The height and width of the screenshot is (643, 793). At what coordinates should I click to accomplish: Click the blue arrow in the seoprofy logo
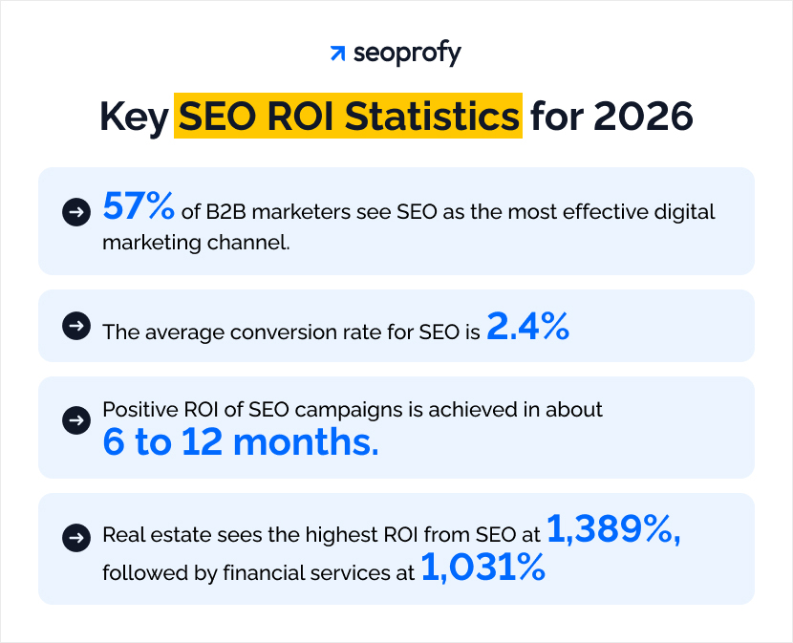point(336,54)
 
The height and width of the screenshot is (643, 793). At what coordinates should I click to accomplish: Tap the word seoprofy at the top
point(407,54)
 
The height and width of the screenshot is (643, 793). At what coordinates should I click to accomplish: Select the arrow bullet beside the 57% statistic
point(75,212)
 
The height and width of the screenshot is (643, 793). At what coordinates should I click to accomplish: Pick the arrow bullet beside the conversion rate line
point(75,327)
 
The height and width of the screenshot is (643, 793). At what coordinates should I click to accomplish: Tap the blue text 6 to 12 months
point(241,441)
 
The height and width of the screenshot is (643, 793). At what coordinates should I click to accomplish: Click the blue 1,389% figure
point(614,533)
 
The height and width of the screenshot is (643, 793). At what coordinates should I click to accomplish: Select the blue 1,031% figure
point(483,570)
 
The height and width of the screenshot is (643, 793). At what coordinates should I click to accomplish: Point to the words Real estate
point(146,536)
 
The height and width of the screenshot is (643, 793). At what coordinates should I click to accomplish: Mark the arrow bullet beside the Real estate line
point(75,537)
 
